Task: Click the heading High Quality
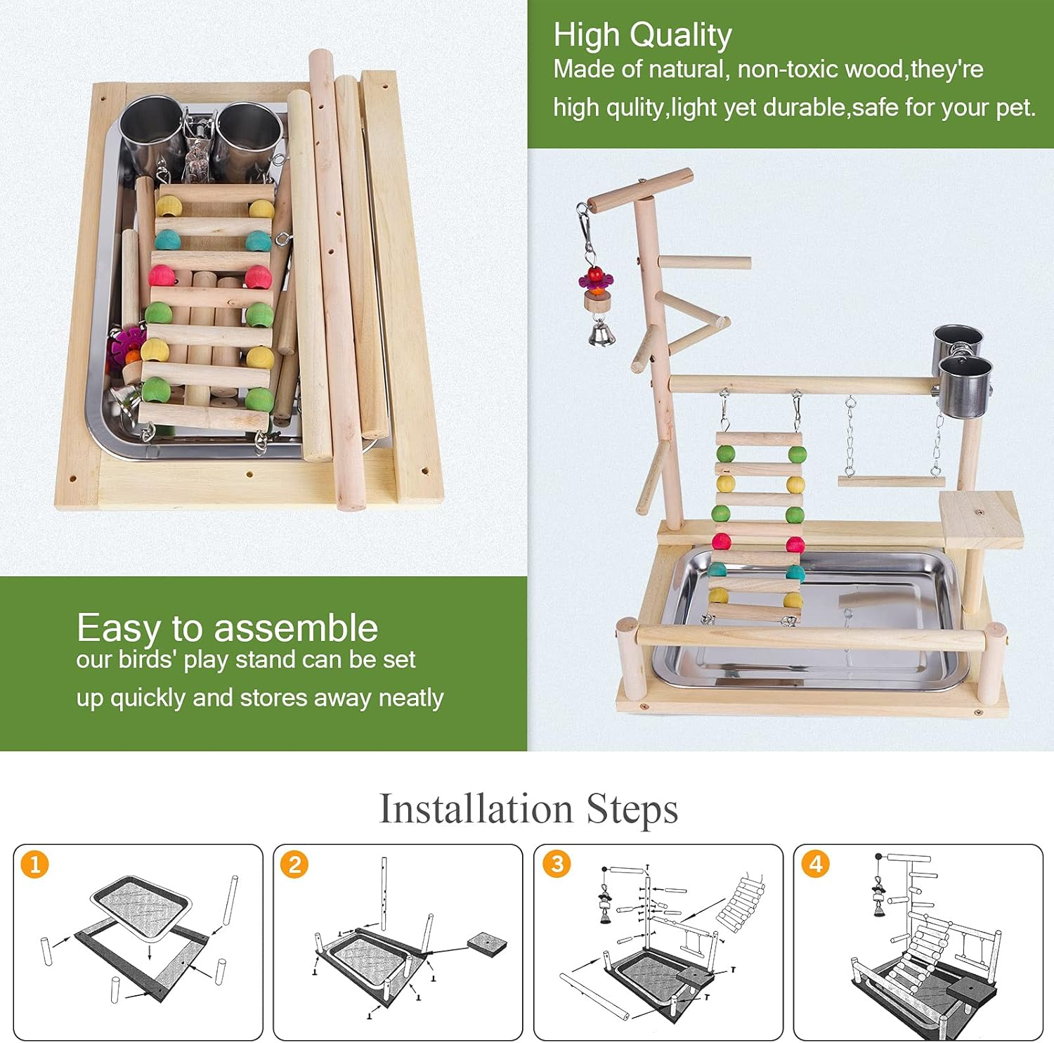(x=642, y=35)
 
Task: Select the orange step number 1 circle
(x=35, y=864)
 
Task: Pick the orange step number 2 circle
(x=295, y=864)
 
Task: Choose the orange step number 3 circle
(x=557, y=863)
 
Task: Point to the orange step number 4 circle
(x=816, y=863)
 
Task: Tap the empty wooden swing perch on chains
(x=891, y=481)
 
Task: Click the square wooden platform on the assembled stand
(x=981, y=519)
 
